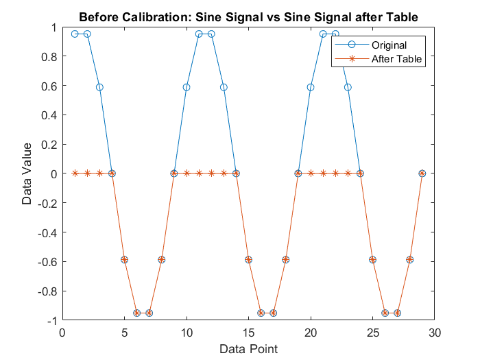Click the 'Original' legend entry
click(389, 45)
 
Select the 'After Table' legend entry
click(396, 59)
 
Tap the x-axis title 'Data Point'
click(248, 349)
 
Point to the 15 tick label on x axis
click(248, 333)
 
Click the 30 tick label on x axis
click(434, 333)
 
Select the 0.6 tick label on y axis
click(49, 86)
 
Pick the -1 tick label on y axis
click(51, 320)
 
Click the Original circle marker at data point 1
click(75, 34)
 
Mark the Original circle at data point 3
click(99, 87)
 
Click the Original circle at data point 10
click(187, 87)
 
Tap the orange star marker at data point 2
click(87, 173)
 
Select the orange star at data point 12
click(211, 173)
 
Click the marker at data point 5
click(124, 260)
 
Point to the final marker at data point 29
click(422, 173)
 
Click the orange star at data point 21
click(323, 173)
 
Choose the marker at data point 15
click(248, 260)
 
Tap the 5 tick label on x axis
click(124, 333)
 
